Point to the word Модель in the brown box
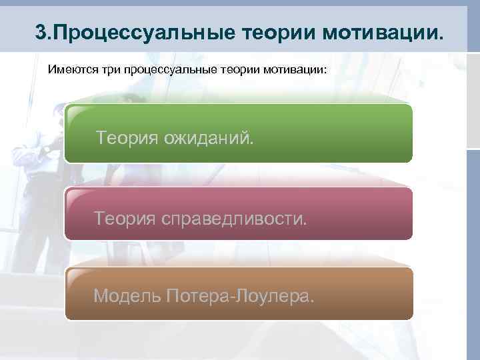[x=126, y=295]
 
